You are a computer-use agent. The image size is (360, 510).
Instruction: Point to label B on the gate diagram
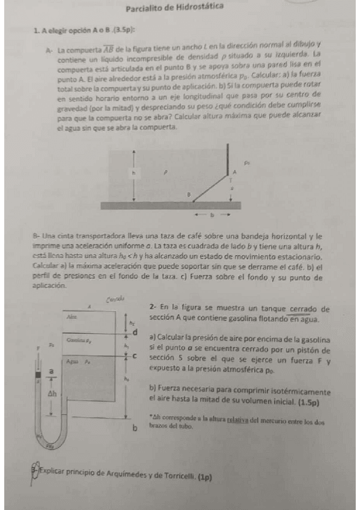[x=188, y=195]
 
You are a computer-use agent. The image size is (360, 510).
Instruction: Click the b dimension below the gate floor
[x=211, y=214]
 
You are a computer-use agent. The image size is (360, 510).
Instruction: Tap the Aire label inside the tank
[x=72, y=316]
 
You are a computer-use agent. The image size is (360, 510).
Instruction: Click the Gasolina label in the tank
[x=75, y=340]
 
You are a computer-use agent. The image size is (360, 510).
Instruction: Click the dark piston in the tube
[x=38, y=380]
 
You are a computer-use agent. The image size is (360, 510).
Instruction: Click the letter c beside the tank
[x=135, y=356]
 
